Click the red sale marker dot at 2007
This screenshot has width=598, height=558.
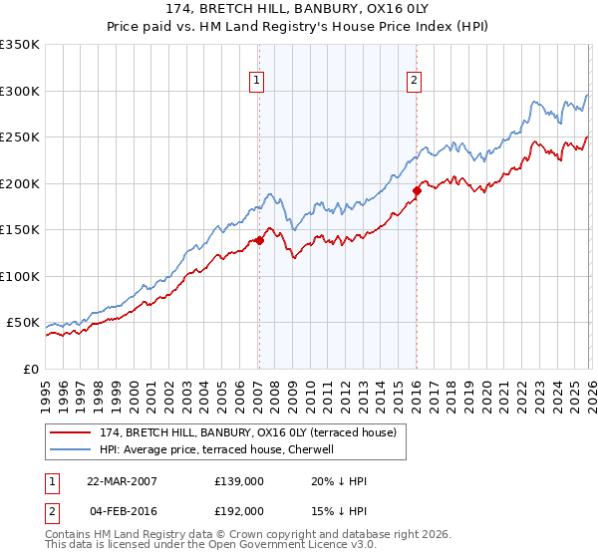point(259,240)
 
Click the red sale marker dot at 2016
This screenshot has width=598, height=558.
point(417,191)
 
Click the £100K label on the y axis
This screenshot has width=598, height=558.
point(20,276)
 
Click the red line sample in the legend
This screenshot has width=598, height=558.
point(72,432)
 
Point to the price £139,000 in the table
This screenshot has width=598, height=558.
point(238,481)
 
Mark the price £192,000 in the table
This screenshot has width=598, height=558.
point(238,510)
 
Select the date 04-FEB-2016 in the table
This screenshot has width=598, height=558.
point(121,510)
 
